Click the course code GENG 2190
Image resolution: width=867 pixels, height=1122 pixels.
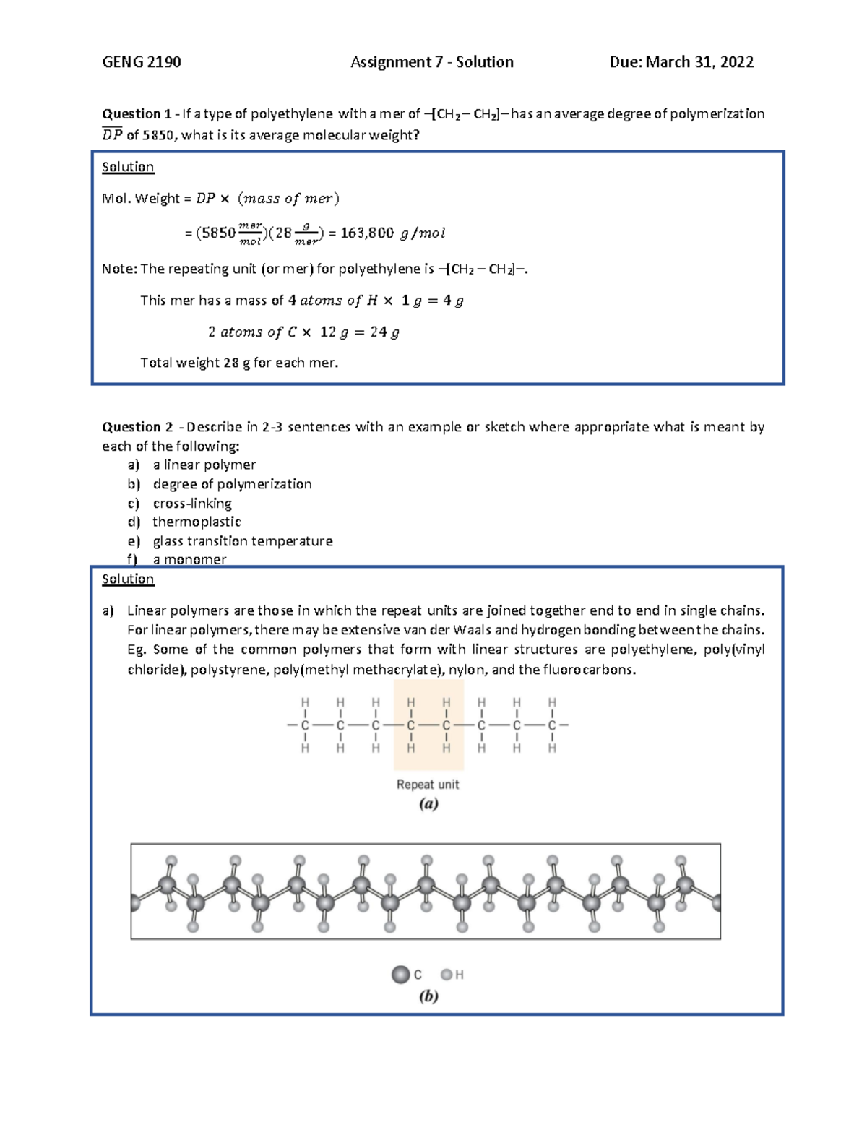point(142,62)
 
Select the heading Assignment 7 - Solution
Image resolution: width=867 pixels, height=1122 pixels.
point(432,62)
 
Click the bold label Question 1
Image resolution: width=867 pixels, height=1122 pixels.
point(137,113)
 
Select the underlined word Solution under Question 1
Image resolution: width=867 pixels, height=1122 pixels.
point(128,167)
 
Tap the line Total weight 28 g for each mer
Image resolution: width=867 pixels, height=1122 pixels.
point(239,363)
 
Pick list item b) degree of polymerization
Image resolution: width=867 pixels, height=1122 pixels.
point(232,484)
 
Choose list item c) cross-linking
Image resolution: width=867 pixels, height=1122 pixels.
point(192,503)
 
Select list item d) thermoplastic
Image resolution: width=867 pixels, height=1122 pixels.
point(197,522)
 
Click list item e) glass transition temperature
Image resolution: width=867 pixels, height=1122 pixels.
point(243,541)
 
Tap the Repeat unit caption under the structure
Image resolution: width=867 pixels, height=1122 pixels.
point(428,785)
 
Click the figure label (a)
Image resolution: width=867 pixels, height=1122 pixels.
point(428,804)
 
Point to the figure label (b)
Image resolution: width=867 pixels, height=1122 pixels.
point(428,996)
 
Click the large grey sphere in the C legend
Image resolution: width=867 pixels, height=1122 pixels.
point(401,975)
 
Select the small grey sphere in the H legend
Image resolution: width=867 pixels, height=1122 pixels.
point(447,975)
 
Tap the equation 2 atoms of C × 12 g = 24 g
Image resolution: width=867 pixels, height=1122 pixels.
point(303,332)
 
